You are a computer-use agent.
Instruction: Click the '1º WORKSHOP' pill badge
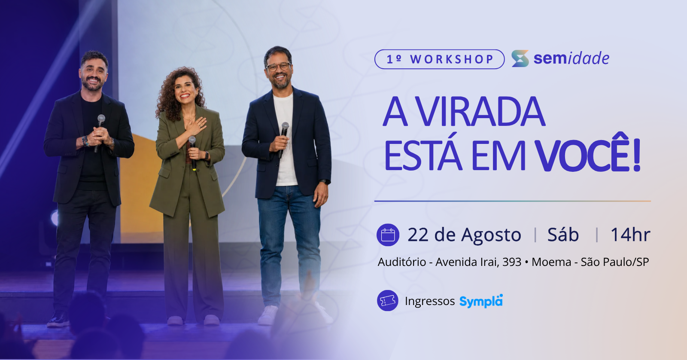[x=439, y=59]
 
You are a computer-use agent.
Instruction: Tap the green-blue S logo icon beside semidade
[x=520, y=58]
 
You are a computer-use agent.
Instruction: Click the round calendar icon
[x=388, y=235]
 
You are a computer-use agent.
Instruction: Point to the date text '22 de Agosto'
[x=464, y=235]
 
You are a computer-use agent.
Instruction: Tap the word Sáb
[x=563, y=235]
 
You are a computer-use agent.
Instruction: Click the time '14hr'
[x=630, y=235]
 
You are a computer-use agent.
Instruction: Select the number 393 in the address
[x=511, y=262]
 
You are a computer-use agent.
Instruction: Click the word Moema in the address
[x=551, y=262]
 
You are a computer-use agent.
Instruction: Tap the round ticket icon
[x=388, y=300]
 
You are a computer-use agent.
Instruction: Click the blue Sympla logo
[x=481, y=301]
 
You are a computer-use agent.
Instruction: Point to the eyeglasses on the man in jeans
[x=278, y=67]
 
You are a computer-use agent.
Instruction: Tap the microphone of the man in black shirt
[x=99, y=133]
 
